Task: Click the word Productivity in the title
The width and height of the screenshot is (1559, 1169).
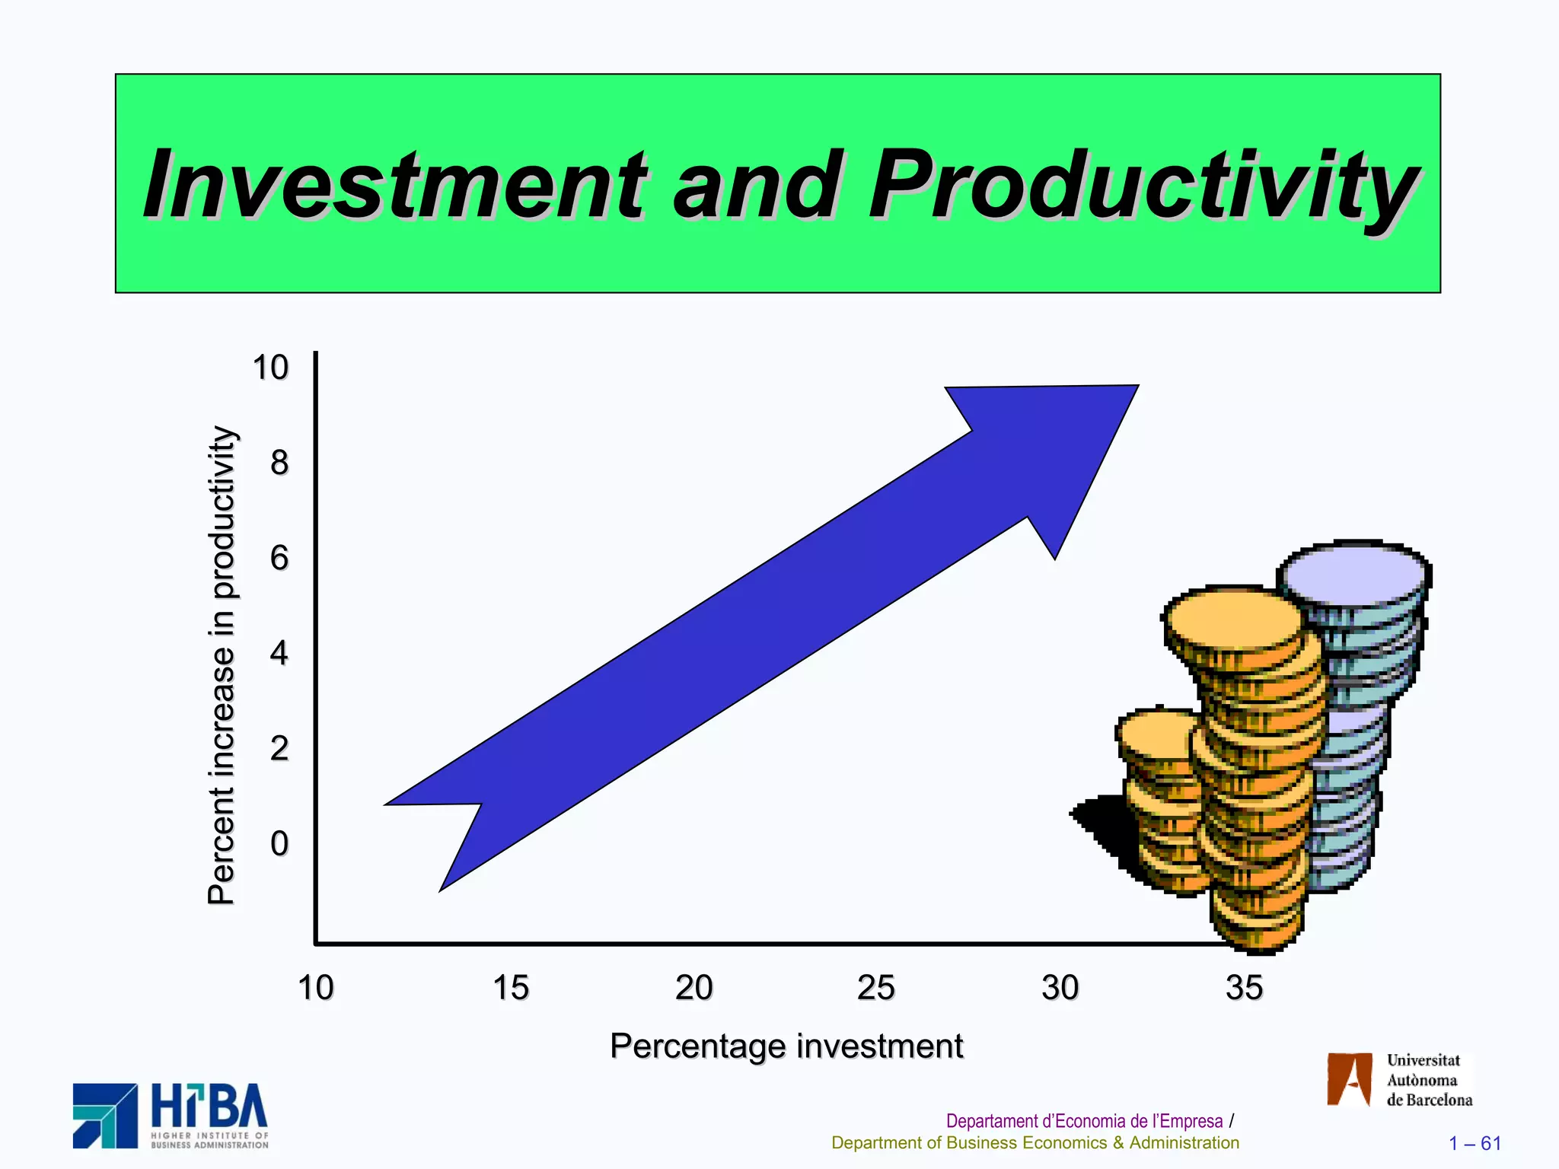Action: coord(1142,185)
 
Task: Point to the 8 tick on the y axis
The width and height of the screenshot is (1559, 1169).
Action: coord(279,463)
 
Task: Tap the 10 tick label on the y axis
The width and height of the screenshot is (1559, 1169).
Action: coord(270,368)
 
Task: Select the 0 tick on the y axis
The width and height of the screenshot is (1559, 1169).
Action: coord(279,843)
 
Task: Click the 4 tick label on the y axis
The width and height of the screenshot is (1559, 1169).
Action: coord(279,653)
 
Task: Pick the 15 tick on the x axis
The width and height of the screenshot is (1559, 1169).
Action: coord(510,988)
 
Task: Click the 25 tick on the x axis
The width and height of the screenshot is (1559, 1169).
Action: coord(875,988)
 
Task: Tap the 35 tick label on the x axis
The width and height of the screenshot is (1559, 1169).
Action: coord(1244,988)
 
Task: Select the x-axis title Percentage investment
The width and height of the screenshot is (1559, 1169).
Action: coord(786,1046)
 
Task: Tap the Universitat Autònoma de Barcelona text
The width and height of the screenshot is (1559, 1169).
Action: coord(1427,1080)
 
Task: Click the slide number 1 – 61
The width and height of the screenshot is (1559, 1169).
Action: coord(1475,1143)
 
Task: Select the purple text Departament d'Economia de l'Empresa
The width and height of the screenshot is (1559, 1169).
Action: coord(1083,1121)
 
